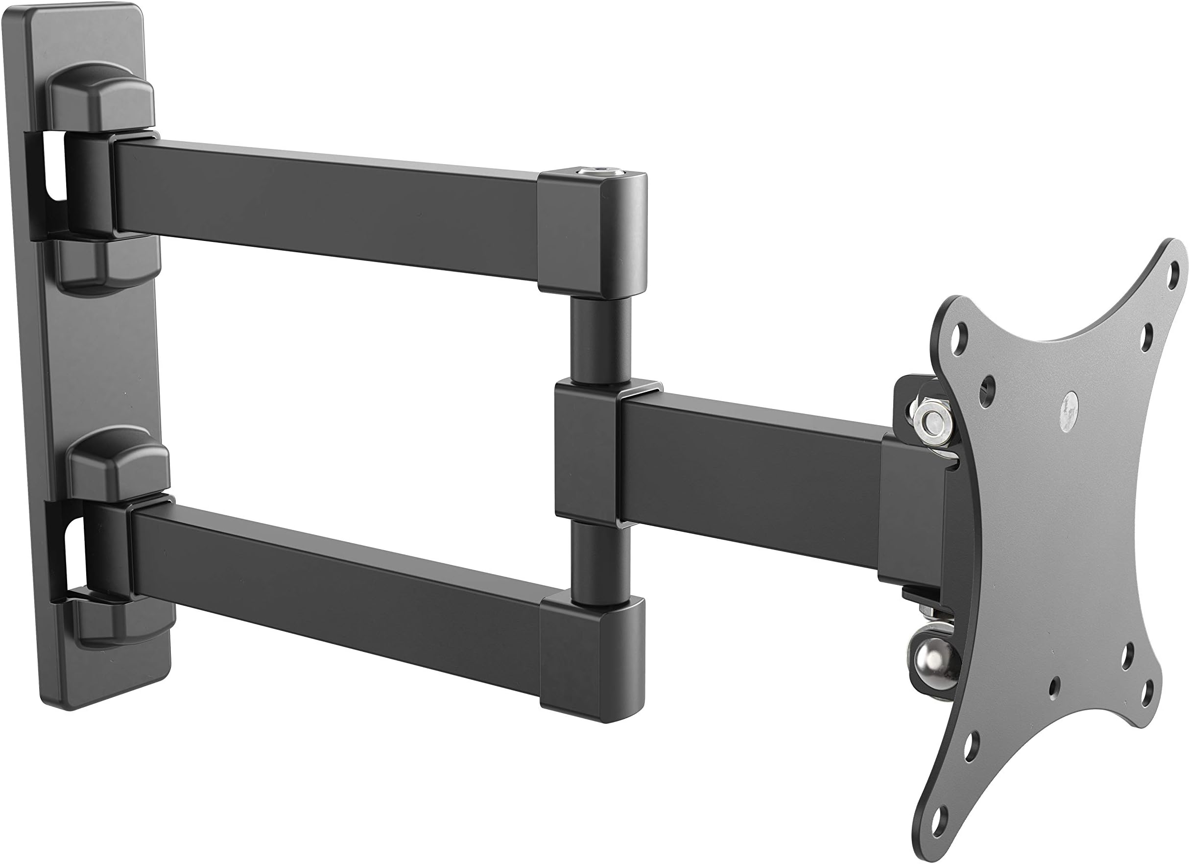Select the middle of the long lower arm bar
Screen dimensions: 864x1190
pos(336,580)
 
